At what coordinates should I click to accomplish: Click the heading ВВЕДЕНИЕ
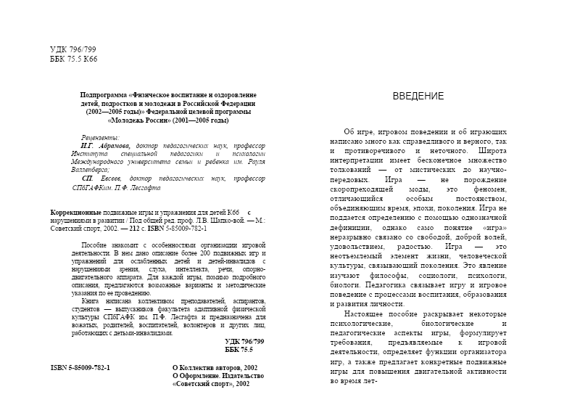point(418,97)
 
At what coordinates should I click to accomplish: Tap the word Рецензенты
point(101,137)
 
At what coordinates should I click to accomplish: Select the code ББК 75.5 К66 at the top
point(73,59)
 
